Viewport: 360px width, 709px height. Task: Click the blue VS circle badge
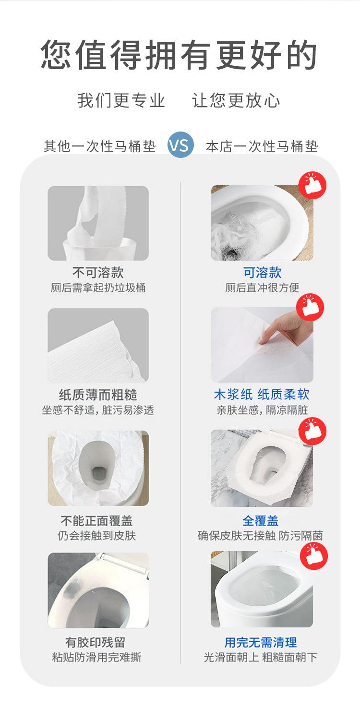coord(180,145)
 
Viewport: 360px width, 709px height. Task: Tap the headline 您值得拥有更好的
coord(179,55)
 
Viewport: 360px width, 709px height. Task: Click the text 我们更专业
coord(121,100)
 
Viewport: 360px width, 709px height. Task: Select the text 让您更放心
coord(236,100)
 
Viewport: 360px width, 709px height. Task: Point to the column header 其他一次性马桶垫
coord(100,146)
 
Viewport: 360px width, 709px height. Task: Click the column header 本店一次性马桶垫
coord(262,146)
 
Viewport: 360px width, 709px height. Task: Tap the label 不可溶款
coord(98,272)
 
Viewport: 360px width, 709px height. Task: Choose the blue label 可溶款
coord(262,272)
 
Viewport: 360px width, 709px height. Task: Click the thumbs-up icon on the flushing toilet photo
coord(312,185)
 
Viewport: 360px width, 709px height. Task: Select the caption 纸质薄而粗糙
coord(98,395)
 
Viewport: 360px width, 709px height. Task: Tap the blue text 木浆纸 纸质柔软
coord(262,395)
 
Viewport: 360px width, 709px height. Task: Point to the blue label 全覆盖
coord(261,520)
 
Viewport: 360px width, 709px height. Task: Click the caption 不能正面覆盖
coord(96,520)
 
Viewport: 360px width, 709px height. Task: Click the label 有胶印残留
coord(96,643)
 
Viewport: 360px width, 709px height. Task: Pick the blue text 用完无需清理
coord(261,643)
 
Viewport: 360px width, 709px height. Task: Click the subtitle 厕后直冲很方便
coord(262,288)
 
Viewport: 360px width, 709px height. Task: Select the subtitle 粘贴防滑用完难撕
coord(96,657)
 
